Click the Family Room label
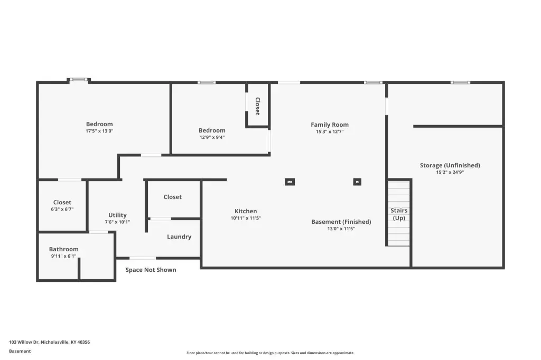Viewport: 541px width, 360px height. click(330, 125)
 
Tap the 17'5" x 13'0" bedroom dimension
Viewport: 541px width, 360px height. click(99, 131)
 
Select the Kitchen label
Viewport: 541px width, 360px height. click(246, 211)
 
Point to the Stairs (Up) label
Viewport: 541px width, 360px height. click(399, 214)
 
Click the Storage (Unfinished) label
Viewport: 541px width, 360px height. click(450, 165)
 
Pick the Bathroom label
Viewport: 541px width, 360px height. click(63, 249)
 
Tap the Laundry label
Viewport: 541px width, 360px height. click(179, 237)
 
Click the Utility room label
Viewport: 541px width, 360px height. click(117, 215)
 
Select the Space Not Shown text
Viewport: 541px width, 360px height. click(151, 270)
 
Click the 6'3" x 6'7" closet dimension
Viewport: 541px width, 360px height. click(62, 210)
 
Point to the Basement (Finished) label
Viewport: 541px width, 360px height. click(341, 222)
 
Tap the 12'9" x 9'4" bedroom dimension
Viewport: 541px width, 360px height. click(212, 137)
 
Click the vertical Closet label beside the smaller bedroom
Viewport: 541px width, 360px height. click(257, 106)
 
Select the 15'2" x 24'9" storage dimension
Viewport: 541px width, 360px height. click(450, 172)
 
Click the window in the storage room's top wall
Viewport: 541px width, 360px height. click(460, 82)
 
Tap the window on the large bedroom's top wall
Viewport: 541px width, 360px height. click(78, 80)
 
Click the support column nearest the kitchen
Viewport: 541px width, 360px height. click(290, 182)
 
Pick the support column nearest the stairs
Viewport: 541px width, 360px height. click(357, 182)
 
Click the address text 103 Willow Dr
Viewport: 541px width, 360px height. click(24, 342)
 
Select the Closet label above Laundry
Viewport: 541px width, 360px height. click(173, 197)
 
